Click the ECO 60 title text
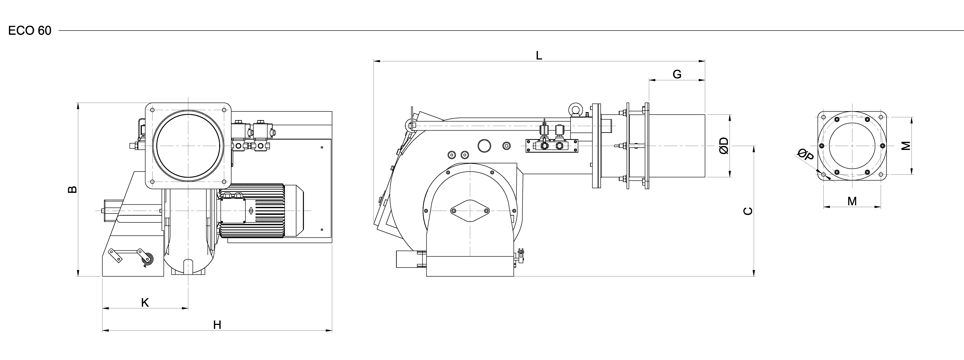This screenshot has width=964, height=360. (30, 31)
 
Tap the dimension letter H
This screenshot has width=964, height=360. (217, 325)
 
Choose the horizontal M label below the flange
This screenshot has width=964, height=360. (852, 201)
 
